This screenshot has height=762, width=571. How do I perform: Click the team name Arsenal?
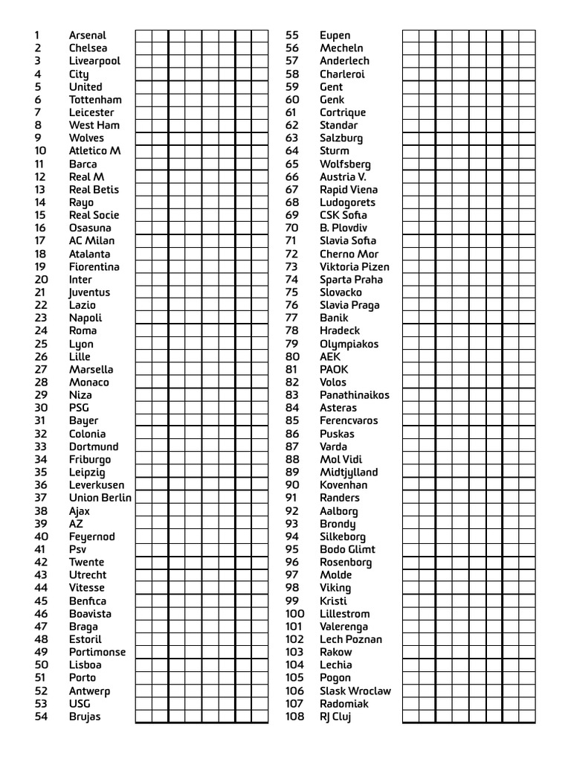click(88, 35)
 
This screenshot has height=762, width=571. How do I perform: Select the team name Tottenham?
click(95, 100)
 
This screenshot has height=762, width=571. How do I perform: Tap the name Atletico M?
click(94, 151)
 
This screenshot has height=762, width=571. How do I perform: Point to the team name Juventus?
click(89, 292)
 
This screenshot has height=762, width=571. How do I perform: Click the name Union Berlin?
click(100, 498)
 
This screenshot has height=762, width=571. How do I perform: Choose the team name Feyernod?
click(92, 537)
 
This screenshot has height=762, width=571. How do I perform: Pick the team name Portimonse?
click(97, 652)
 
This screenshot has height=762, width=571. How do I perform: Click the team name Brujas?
click(85, 717)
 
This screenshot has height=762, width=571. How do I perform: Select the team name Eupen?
click(335, 35)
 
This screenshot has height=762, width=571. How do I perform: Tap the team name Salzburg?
click(341, 138)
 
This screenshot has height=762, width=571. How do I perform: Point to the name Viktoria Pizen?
click(354, 266)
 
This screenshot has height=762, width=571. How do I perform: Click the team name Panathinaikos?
click(354, 395)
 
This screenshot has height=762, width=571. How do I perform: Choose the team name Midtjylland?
click(349, 473)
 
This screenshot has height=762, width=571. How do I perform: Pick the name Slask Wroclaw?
click(355, 691)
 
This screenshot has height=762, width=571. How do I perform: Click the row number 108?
click(295, 717)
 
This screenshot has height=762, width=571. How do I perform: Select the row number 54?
click(41, 717)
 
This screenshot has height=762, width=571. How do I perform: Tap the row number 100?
click(295, 614)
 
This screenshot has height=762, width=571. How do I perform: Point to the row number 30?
click(41, 408)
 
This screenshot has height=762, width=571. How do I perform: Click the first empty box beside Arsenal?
click(143, 36)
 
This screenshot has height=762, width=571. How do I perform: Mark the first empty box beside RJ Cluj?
click(410, 717)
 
